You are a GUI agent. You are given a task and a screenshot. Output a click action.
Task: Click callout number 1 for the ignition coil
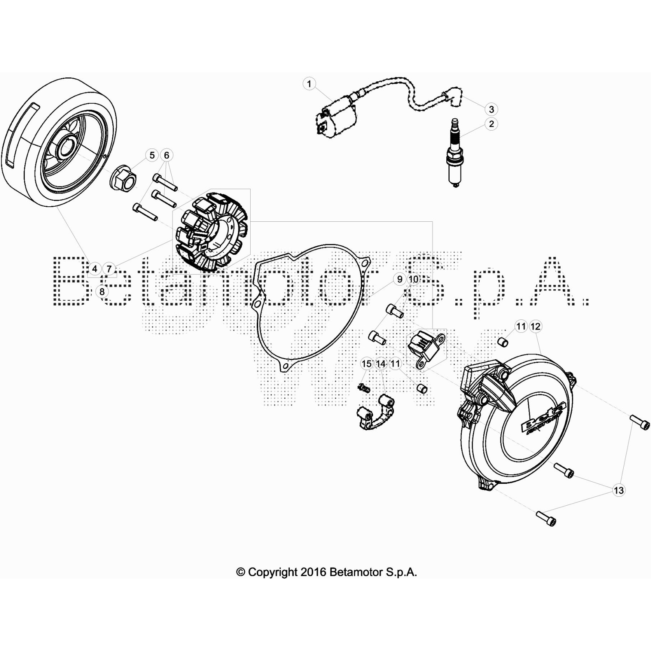point(309,84)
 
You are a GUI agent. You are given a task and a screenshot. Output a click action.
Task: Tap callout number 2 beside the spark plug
point(492,124)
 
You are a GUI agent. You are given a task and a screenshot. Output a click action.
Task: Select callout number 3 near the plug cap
point(492,109)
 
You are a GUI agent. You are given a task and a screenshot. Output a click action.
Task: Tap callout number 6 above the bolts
point(166,155)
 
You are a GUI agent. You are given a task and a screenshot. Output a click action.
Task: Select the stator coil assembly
point(211,232)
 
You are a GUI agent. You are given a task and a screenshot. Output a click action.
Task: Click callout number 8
point(102,291)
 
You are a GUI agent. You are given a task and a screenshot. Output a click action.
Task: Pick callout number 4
point(94,269)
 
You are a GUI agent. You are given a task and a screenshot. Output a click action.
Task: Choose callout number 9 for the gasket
point(400,279)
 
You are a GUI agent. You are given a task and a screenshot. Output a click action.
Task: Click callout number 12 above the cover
point(535,326)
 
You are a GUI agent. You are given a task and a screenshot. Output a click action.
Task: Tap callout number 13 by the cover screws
point(618,490)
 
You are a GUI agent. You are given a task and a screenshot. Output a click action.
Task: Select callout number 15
point(367,363)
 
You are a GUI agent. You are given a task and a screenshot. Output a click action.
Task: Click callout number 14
point(381,363)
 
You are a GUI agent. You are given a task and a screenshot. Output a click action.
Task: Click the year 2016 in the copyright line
point(313,572)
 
